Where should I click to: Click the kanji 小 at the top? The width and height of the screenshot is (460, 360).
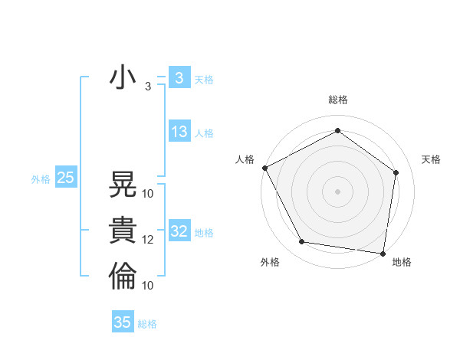123,78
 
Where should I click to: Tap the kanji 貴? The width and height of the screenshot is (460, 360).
123,231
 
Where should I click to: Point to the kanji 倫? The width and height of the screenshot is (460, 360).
123,277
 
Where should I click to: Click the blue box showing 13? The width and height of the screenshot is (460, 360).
179,132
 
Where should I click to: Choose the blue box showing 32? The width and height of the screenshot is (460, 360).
179,231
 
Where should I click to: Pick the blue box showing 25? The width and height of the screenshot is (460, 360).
65,178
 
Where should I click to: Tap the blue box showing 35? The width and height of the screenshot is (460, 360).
123,322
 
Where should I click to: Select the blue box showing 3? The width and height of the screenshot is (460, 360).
179,78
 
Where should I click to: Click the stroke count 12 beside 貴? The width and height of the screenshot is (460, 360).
148,240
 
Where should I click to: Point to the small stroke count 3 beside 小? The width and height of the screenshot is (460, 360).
147,87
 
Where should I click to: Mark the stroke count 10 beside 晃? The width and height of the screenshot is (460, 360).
148,193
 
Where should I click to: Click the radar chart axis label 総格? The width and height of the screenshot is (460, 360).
337,100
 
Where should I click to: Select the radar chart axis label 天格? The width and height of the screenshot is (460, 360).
432,159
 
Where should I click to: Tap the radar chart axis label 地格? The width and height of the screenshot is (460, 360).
402,262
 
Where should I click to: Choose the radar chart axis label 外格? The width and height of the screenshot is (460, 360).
270,262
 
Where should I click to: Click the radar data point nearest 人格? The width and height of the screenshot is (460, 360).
264,167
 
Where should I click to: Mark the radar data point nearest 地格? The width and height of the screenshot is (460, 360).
383,253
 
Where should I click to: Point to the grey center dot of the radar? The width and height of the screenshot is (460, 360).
337,191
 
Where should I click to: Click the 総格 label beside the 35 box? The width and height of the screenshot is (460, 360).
147,324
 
